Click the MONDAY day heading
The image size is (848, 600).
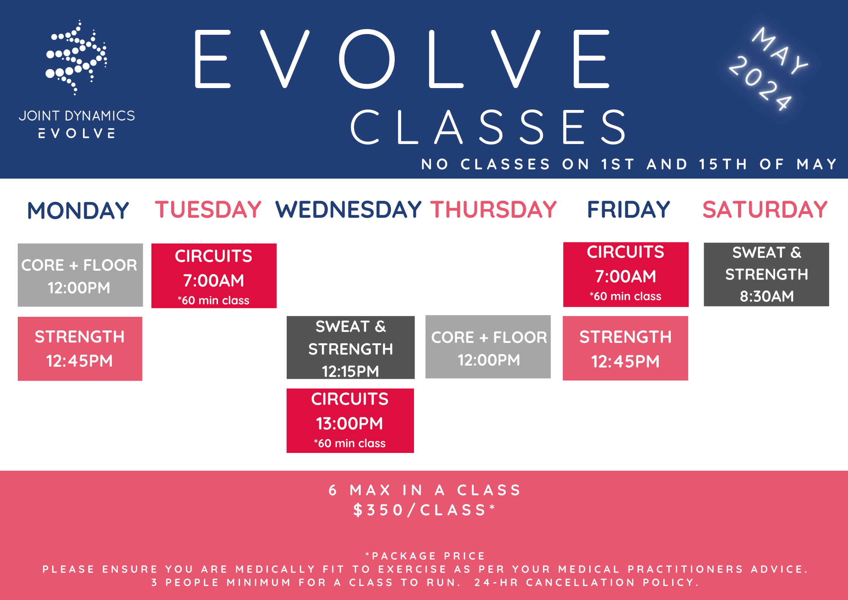(x=78, y=211)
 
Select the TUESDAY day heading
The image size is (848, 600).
(x=208, y=209)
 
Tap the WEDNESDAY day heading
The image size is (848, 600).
(x=348, y=209)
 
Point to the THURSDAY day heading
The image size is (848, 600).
(x=494, y=209)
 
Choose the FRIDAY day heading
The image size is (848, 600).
(x=629, y=209)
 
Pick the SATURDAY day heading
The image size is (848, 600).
(x=765, y=209)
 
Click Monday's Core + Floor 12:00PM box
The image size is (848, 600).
(x=80, y=275)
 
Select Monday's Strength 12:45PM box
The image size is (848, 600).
(x=80, y=349)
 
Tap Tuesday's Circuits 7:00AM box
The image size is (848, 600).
(x=214, y=276)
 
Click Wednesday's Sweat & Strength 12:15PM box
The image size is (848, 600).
(x=351, y=347)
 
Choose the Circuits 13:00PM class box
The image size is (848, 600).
(x=350, y=421)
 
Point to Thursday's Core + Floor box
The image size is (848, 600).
(x=488, y=347)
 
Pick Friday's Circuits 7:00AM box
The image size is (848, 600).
(x=626, y=275)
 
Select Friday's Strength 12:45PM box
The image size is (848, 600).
(x=626, y=348)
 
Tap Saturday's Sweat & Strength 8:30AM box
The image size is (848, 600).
(x=766, y=274)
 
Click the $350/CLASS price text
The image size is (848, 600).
(x=424, y=510)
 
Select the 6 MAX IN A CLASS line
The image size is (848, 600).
(x=424, y=490)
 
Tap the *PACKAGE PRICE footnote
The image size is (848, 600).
(x=425, y=556)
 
